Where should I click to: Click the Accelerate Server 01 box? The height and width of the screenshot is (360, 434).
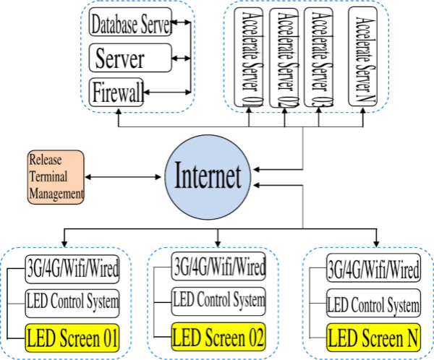[250, 57]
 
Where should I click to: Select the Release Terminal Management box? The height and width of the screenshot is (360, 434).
[56, 175]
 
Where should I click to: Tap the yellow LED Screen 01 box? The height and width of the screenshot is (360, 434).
[72, 337]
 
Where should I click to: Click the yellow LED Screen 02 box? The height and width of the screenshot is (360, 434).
[218, 336]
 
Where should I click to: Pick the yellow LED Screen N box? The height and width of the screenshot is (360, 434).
[373, 337]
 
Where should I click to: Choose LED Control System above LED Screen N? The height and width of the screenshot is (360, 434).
[373, 303]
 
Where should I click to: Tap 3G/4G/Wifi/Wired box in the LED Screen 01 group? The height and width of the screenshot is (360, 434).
[72, 270]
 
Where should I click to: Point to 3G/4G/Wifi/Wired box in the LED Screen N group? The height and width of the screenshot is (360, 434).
[373, 270]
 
